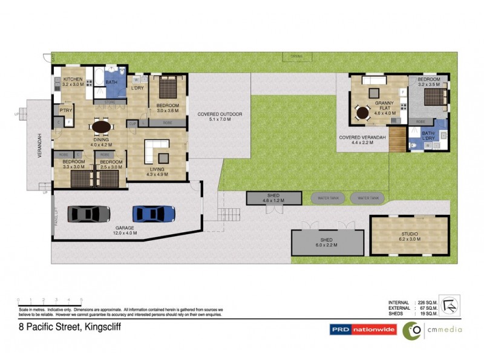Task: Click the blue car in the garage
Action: [154, 213]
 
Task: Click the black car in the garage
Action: [89, 213]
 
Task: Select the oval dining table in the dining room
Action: [102, 127]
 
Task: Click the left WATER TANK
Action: [327, 198]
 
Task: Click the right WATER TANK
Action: [368, 198]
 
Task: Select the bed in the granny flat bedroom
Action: [431, 98]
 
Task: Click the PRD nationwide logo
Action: [362, 330]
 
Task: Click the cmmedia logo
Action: [432, 330]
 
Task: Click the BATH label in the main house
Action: [111, 82]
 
